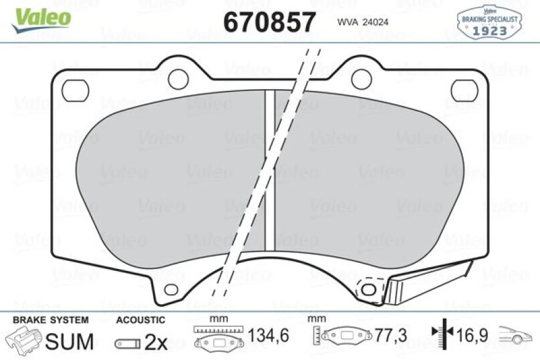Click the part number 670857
pyautogui.click(x=269, y=23)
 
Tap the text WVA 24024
pyautogui.click(x=363, y=22)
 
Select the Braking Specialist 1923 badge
pyautogui.click(x=490, y=23)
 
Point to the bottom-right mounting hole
pyautogui.click(x=368, y=289)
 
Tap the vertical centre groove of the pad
pyautogui.click(x=270, y=169)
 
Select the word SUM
pyautogui.click(x=70, y=341)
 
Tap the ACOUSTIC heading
pyautogui.click(x=140, y=320)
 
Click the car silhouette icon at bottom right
pyautogui.click(x=516, y=337)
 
